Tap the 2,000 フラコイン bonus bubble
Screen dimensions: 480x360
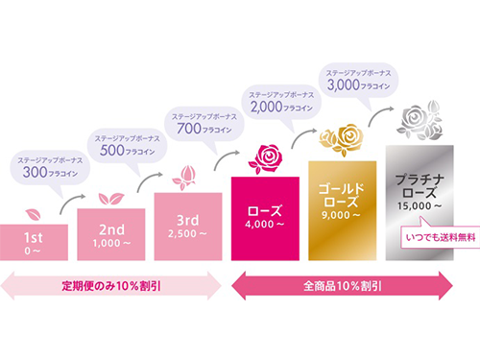pos(280,100)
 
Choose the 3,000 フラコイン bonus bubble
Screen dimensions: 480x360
pos(357,79)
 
